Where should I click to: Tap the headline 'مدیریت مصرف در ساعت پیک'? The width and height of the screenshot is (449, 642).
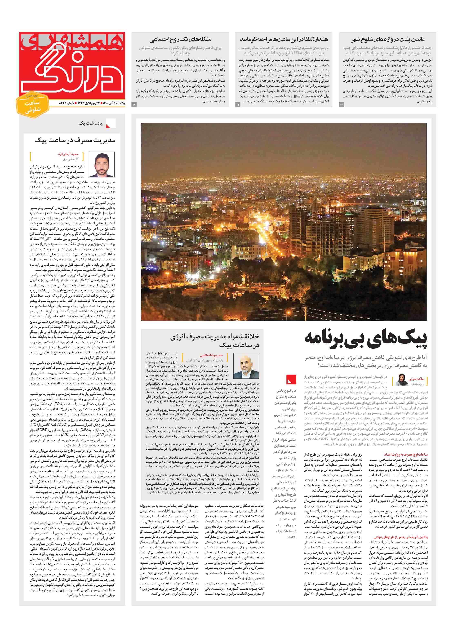pos(75,140)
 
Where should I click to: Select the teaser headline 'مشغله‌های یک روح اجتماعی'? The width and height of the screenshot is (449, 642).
pos(180,39)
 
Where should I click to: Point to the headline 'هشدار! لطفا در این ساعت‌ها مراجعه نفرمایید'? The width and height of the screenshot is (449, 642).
pos(284,39)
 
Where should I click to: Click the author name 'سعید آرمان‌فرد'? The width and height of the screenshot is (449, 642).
pos(68,154)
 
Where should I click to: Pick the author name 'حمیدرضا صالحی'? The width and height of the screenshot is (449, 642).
pos(211,355)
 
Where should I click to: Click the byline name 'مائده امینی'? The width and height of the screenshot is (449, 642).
pos(416,379)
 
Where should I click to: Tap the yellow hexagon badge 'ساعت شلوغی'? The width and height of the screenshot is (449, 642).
pos(32,106)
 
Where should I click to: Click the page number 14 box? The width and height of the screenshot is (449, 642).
pos(341,104)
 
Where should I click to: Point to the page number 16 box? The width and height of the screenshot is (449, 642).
pos(134,104)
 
